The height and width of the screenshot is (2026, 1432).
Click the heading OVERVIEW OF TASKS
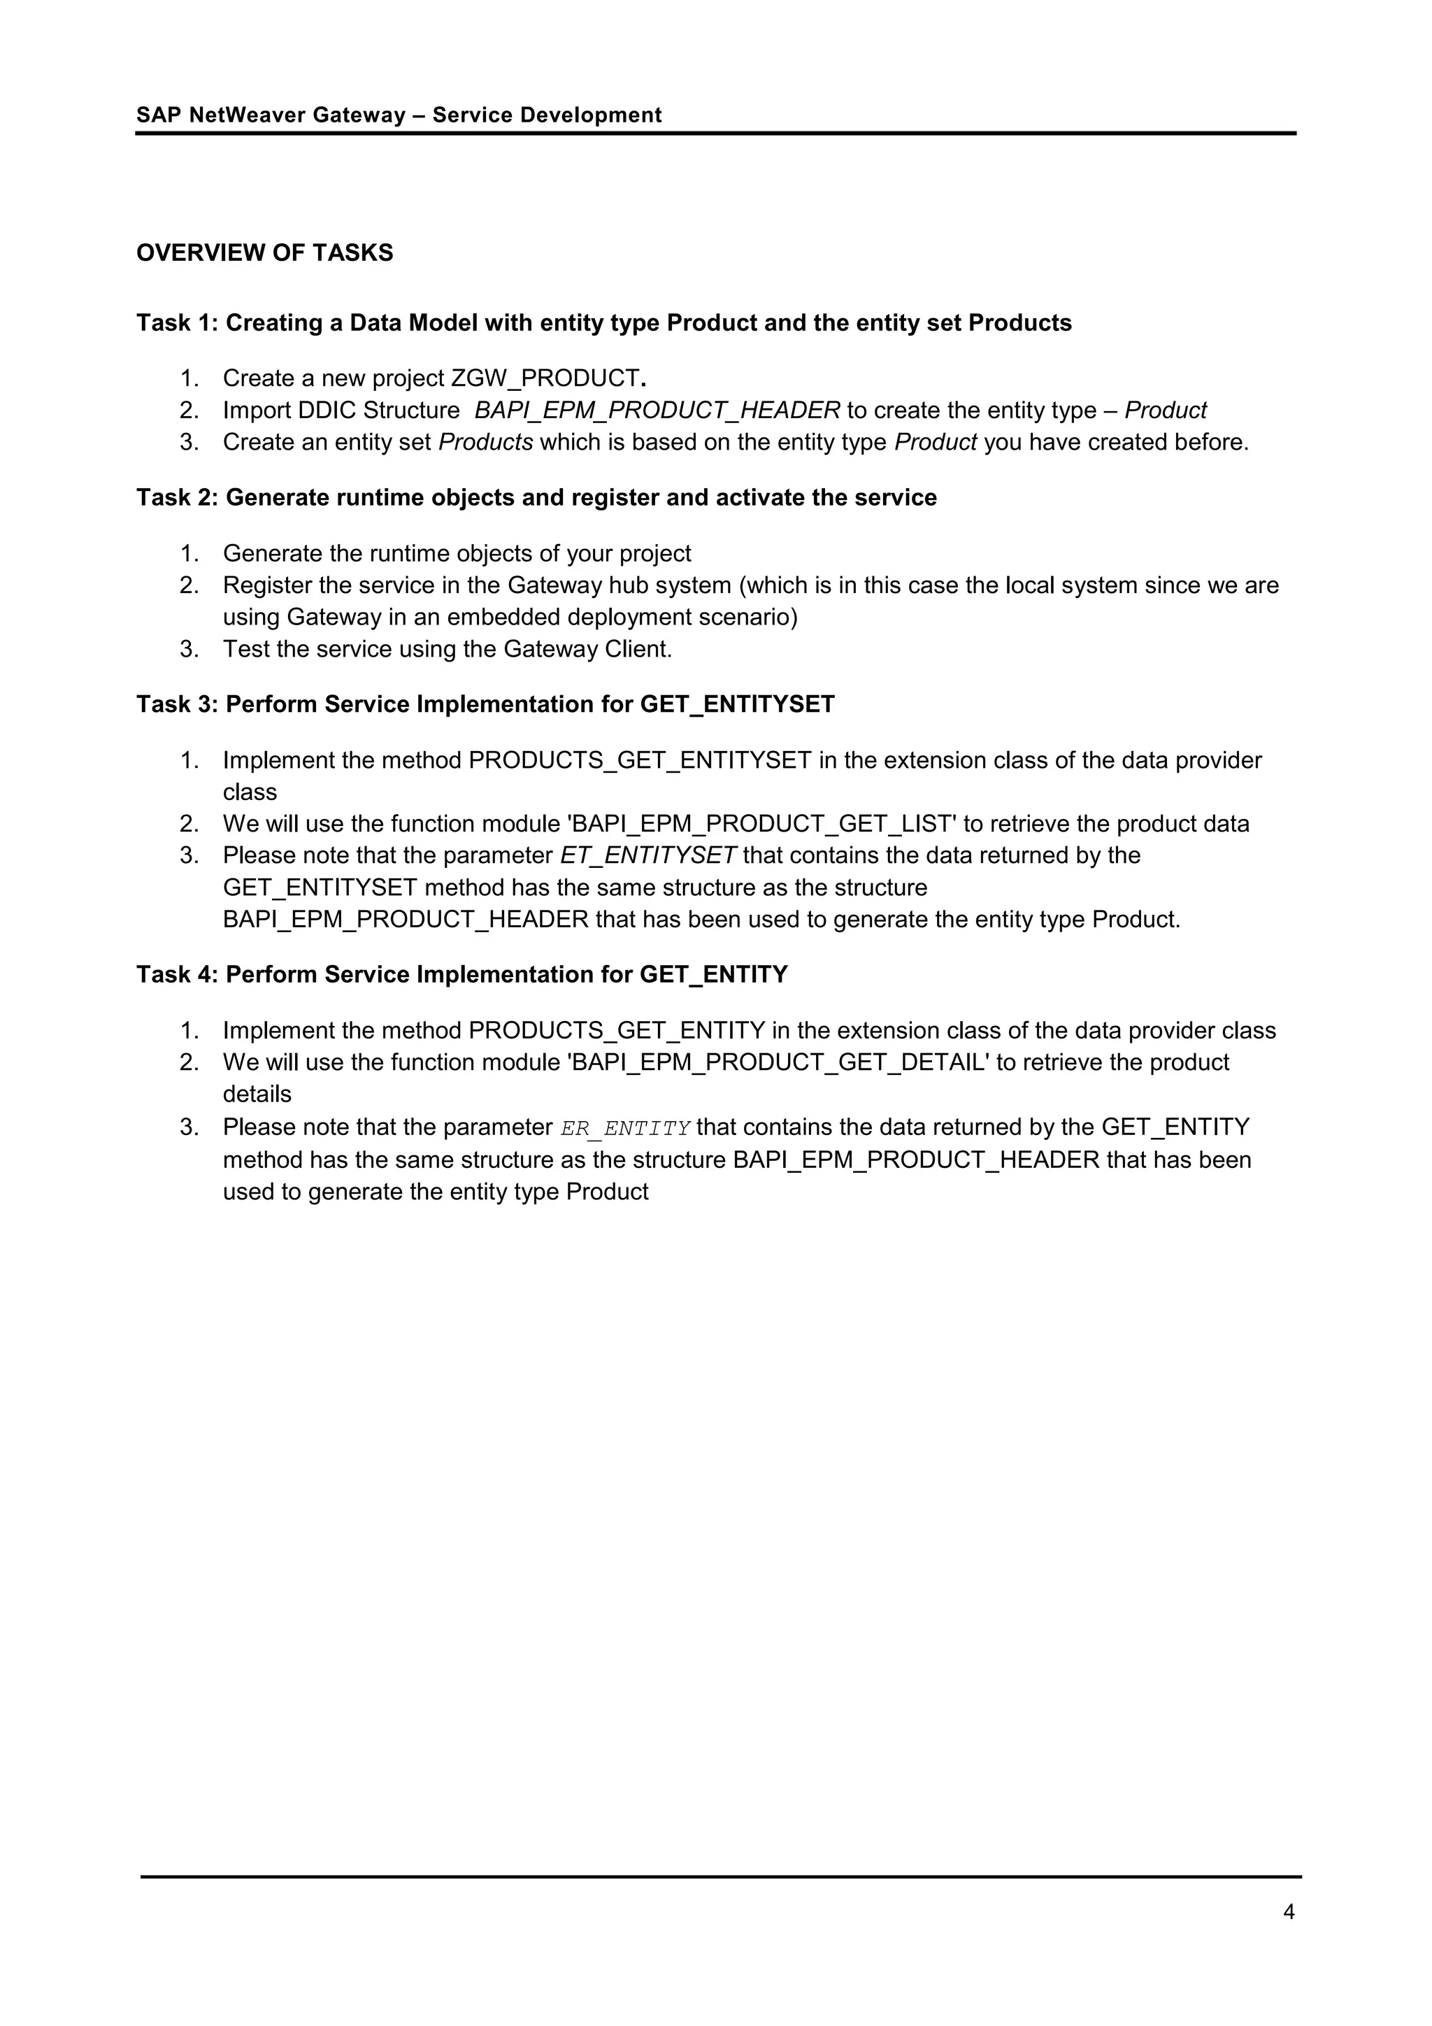265,253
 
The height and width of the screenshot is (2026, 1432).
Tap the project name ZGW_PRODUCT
545,378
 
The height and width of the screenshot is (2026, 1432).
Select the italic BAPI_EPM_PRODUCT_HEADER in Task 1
657,411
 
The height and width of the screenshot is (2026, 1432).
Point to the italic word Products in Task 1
485,442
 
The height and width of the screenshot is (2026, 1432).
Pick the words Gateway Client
587,650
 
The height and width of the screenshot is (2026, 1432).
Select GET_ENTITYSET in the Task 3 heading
737,704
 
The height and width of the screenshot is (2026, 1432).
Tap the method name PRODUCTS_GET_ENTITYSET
640,761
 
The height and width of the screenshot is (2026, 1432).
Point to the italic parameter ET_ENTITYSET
647,856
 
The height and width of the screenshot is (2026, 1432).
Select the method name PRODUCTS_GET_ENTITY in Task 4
616,1031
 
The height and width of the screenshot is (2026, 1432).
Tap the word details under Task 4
257,1094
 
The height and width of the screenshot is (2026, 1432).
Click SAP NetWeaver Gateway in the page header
271,115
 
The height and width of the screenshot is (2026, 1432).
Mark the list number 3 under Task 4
189,1128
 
